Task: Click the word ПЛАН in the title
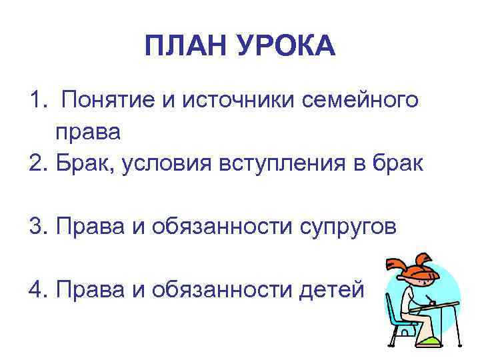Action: point(183,47)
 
